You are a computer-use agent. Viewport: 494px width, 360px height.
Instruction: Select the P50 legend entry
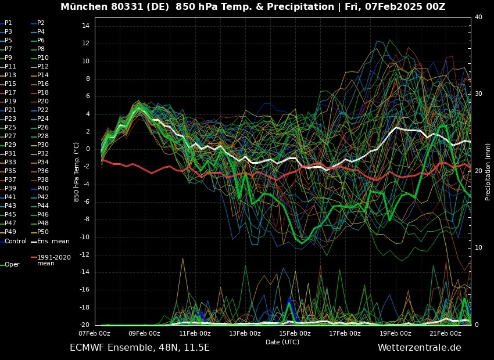pos(42,232)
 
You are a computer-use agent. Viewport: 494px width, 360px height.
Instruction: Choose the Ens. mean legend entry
pos(53,241)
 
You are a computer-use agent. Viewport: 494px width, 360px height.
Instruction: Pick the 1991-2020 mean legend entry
pos(53,260)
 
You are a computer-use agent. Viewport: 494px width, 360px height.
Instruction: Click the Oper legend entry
pos(12,264)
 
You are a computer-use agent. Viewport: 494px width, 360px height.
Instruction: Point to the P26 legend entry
pos(42,127)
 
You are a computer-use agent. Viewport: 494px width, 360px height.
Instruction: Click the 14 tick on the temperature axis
pos(85,26)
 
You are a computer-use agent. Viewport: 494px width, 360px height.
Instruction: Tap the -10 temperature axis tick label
pos(84,237)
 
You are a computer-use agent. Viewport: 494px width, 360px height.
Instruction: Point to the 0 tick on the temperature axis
pos(87,149)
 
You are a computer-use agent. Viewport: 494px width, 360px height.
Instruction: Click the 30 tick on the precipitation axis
pos(478,93)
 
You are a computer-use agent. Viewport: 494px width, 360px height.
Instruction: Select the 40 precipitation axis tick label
pos(478,17)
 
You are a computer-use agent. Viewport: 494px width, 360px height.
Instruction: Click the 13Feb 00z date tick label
pos(245,333)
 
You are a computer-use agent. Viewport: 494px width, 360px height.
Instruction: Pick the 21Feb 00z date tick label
pos(445,333)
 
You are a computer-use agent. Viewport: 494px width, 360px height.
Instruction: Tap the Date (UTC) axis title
pos(282,342)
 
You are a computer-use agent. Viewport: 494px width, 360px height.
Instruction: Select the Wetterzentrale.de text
pos(419,348)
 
